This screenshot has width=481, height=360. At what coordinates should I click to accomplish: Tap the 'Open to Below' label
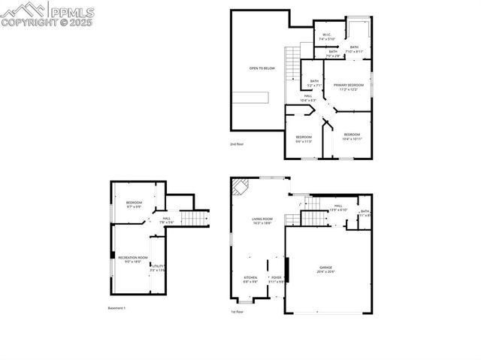coord(262,68)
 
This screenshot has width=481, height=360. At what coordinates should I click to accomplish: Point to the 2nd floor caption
coord(237,144)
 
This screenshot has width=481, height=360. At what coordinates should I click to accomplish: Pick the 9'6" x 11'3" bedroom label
coord(304,139)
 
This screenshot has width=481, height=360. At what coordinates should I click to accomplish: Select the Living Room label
coord(262,221)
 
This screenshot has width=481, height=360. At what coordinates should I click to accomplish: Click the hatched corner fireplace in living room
coord(240,186)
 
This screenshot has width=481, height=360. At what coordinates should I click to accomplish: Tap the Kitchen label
coord(250,280)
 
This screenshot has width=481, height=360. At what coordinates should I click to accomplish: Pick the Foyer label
coord(276,280)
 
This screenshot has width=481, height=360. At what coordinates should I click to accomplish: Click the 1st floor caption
coord(237,312)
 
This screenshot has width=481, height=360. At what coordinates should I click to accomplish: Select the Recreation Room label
coord(132,259)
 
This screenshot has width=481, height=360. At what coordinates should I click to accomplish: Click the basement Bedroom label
coord(134,204)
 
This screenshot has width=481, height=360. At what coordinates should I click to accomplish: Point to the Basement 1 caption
coord(116,308)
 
